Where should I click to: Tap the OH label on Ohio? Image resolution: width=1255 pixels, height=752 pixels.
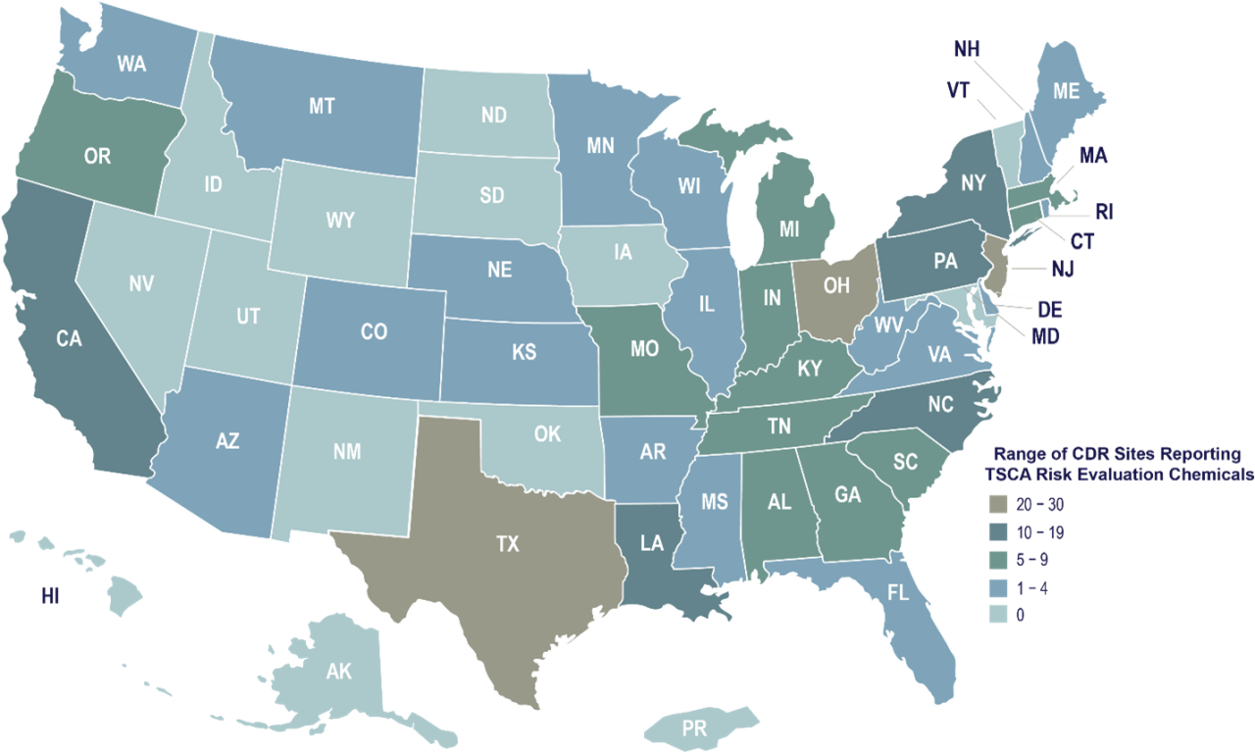(x=836, y=286)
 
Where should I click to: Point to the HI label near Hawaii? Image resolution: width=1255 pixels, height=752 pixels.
(x=51, y=595)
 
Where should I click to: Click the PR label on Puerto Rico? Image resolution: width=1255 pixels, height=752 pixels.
(x=694, y=729)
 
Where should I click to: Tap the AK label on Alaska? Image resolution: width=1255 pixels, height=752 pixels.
(x=338, y=672)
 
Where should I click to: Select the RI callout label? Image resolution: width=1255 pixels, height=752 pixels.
(x=1105, y=212)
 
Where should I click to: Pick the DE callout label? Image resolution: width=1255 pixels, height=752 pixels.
(x=1048, y=311)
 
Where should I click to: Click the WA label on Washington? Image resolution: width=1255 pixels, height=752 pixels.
(x=132, y=65)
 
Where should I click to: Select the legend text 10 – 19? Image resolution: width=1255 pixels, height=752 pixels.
(x=1041, y=532)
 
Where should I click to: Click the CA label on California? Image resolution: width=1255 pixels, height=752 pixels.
(x=69, y=338)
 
